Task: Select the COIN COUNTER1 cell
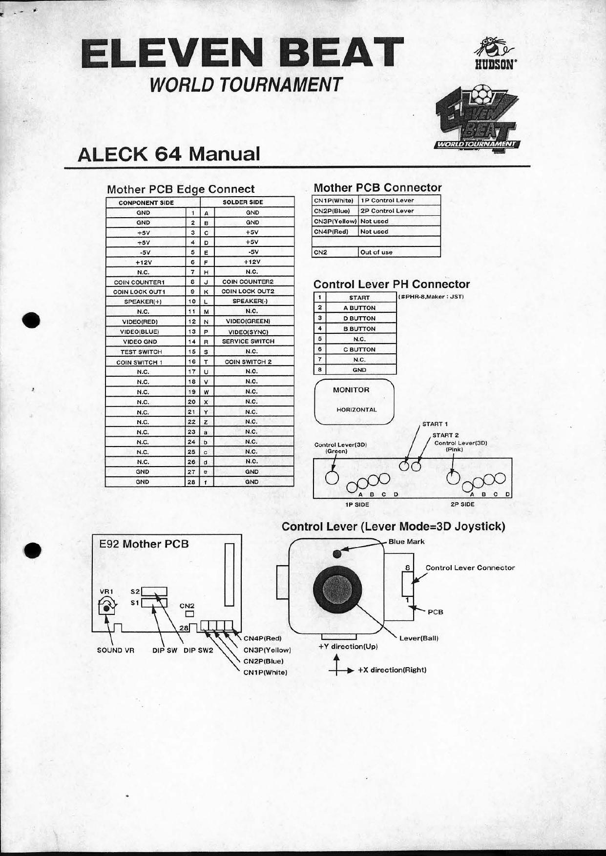tap(143, 282)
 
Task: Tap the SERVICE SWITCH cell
tap(248, 342)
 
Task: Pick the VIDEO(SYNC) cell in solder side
tap(248, 332)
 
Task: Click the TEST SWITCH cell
tap(141, 352)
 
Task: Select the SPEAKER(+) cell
tap(143, 302)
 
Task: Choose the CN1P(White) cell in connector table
tap(334, 201)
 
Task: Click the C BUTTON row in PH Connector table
tap(359, 349)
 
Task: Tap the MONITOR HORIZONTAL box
tap(354, 402)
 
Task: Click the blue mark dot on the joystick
tap(337, 553)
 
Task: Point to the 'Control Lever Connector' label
tap(470, 568)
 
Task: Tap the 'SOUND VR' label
tap(115, 650)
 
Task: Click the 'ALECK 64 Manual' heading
tap(169, 154)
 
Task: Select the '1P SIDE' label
tap(357, 504)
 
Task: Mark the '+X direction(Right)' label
tap(392, 670)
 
